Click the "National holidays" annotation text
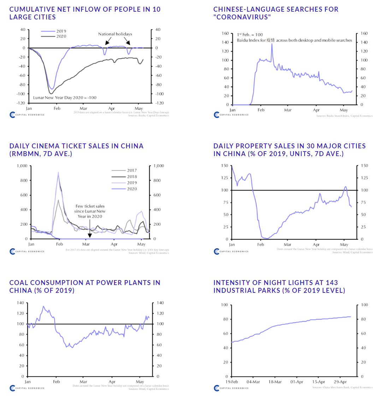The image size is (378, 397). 115,34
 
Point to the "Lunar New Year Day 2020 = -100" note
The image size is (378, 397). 65,97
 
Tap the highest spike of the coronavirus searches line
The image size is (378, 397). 272,44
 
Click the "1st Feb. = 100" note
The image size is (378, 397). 250,35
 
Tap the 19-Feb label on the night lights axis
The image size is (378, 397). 231,382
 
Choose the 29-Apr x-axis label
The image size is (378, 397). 340,382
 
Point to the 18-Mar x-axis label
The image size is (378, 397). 275,382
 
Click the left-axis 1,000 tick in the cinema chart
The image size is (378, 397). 22,166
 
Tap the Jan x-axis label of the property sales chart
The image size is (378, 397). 232,244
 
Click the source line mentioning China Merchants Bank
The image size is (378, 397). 342,387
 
